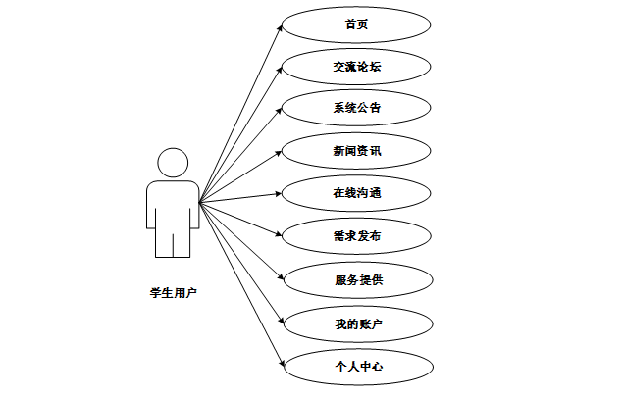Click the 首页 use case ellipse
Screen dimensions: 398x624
(x=356, y=25)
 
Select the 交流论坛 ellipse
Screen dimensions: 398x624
(x=356, y=67)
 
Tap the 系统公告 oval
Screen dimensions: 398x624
(x=356, y=109)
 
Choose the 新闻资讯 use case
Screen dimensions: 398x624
(x=356, y=151)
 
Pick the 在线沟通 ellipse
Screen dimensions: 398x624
(x=356, y=193)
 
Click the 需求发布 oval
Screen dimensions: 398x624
(x=356, y=236)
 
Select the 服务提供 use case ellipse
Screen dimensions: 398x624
(x=356, y=279)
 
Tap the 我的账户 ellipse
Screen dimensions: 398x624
(x=356, y=323)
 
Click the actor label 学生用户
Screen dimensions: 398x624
(x=173, y=291)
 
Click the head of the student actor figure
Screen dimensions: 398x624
(x=173, y=163)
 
